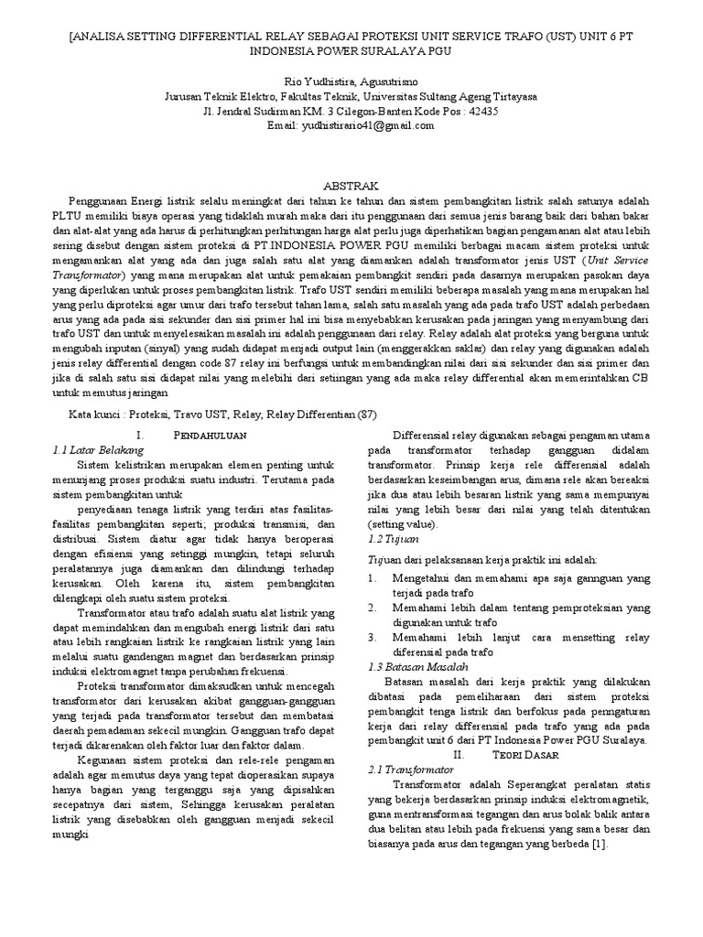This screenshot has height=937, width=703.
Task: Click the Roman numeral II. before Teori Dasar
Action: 460,755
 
